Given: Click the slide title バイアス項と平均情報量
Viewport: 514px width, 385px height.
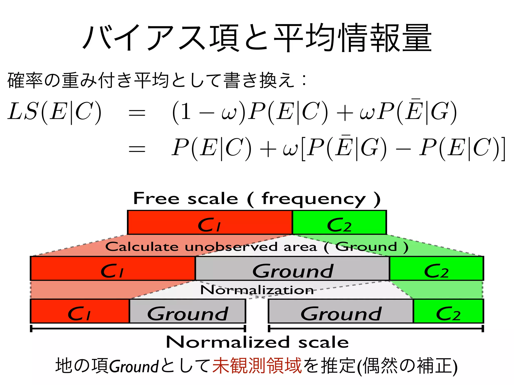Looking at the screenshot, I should click(x=257, y=38).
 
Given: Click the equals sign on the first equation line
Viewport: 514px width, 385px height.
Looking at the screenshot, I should click(x=137, y=113).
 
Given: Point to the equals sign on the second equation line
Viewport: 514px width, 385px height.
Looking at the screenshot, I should click(x=137, y=149).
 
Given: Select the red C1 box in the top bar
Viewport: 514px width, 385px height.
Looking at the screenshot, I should click(x=210, y=223).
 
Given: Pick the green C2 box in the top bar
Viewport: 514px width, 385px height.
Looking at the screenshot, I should click(x=339, y=223).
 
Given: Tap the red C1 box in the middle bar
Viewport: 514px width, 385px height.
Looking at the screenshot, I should click(x=113, y=268).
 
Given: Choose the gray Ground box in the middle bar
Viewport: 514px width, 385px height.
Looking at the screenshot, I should click(x=293, y=268).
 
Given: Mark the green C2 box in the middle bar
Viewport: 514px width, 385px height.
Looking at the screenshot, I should click(x=436, y=268).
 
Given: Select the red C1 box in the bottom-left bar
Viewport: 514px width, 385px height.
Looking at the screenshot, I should click(x=80, y=311).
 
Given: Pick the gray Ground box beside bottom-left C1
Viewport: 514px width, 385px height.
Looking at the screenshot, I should click(x=187, y=311).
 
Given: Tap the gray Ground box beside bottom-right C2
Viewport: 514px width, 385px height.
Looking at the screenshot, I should click(x=341, y=311).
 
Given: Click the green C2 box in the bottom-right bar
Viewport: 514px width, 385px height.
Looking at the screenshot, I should click(x=448, y=311).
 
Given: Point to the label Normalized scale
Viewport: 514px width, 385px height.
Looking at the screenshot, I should click(x=257, y=342).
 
